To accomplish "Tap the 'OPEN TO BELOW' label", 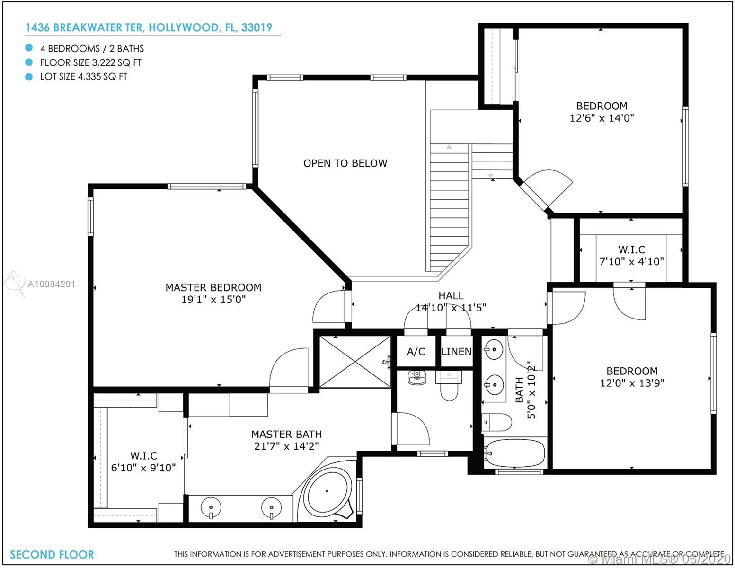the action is tap(345, 163).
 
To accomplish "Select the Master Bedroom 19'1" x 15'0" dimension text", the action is tap(213, 300).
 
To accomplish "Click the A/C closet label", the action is tap(416, 352).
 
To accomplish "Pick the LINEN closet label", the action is tap(456, 352).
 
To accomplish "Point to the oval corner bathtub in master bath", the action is tap(327, 491).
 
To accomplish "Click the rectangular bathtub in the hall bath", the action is tap(514, 453).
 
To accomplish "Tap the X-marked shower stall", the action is tap(355, 362).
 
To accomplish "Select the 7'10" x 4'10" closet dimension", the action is tap(631, 261).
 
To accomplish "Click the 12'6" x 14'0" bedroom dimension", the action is tap(602, 118).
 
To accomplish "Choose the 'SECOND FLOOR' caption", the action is tap(52, 555).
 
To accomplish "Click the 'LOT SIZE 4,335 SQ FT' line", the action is tap(84, 77).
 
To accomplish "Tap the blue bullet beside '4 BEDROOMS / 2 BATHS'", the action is tap(29, 48).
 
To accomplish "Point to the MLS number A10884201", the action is tap(51, 284).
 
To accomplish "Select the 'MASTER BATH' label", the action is tap(286, 435).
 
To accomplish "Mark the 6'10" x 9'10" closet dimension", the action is tap(143, 468).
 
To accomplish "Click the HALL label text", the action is tap(451, 296).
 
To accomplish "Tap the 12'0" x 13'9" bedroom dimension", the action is tap(632, 383).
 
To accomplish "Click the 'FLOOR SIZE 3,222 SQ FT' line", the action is tap(91, 62).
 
